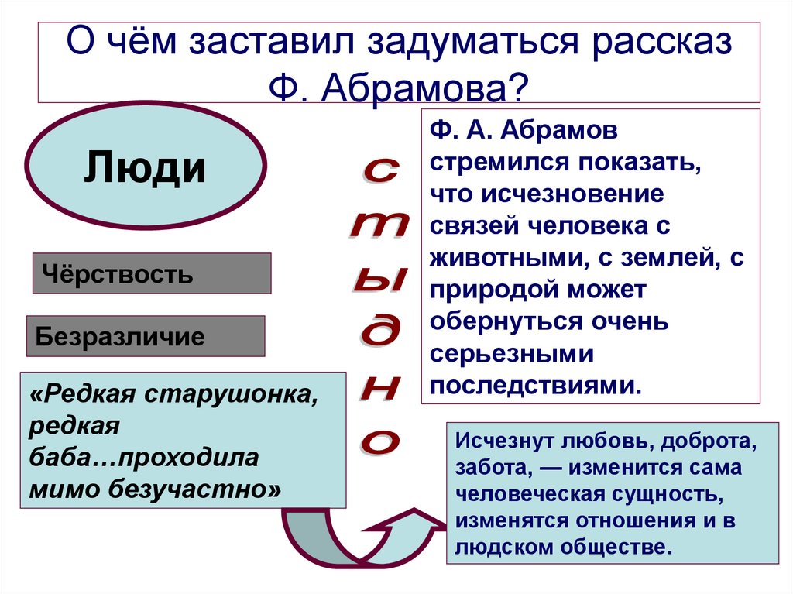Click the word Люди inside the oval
(146, 167)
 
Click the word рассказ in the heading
(662, 42)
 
